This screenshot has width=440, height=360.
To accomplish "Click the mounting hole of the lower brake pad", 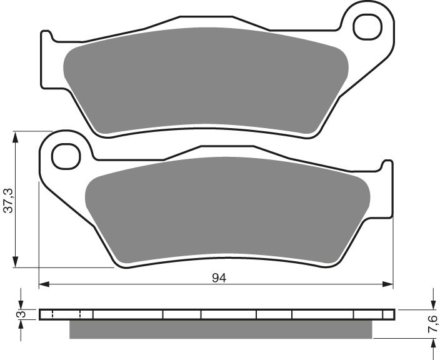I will (67, 156).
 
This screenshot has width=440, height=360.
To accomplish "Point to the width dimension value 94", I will (218, 278).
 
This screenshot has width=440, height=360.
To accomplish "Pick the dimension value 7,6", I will (431, 324).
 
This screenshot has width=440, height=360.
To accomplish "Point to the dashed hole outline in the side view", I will (66, 314).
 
